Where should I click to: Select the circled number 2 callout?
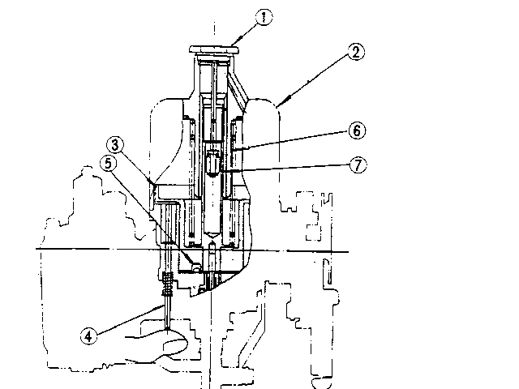[x=356, y=53]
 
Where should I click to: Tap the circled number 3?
[x=117, y=147]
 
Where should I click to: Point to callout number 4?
[x=90, y=331]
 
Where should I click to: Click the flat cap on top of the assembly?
[x=216, y=49]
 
